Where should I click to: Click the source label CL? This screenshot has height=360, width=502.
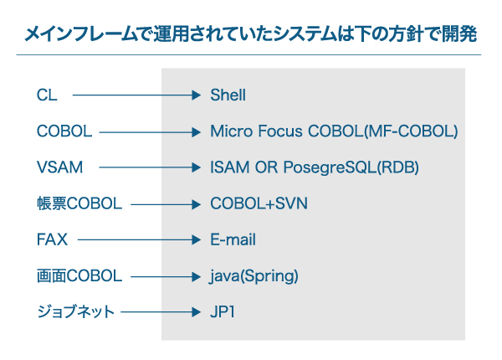pos(47,95)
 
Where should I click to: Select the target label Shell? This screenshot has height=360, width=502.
pos(228,95)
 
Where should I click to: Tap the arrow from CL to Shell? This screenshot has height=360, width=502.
pos(136,95)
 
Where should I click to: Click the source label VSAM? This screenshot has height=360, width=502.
pos(60,167)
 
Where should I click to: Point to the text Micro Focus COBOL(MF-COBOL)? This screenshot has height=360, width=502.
pos(334,131)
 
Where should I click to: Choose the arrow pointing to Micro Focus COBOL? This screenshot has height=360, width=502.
pos(150,132)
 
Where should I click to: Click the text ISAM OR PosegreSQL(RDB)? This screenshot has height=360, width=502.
pos(315,167)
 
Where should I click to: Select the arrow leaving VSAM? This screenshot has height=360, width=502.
pos(150,167)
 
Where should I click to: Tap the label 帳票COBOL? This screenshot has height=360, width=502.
pos(79,203)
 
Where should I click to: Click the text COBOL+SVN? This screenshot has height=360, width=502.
pos(259,203)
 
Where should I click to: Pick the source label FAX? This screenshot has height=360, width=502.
pos(52,239)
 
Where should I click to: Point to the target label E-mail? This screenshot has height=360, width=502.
pos(233,239)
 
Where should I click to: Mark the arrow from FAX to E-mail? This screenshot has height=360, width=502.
pos(139,239)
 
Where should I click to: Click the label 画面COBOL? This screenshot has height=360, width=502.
pos(79,275)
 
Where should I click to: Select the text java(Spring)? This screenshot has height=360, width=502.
pos(254,276)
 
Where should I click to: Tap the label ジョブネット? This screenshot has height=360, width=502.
pos(75,312)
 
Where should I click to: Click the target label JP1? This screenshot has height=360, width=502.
pos(223,312)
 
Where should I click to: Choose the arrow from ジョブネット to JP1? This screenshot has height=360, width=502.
pos(161,312)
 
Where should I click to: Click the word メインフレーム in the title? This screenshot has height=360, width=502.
pos(80,34)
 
